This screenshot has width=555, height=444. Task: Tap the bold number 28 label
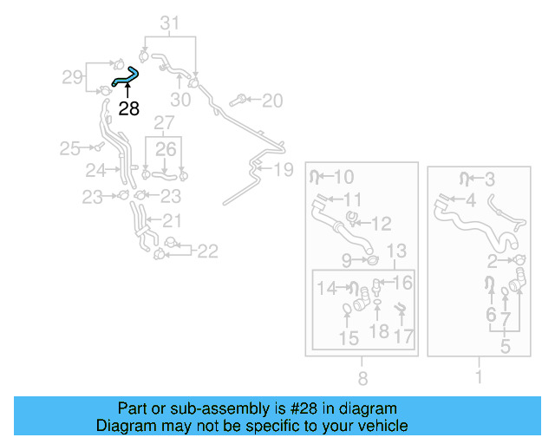(128, 108)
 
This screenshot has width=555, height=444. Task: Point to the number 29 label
(72, 77)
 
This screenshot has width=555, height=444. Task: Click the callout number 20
(271, 101)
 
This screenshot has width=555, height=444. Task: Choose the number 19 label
(284, 169)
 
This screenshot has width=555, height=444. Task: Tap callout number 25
(69, 148)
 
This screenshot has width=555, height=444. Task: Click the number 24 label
(95, 169)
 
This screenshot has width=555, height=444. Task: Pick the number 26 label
(166, 149)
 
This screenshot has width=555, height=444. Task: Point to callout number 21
(172, 220)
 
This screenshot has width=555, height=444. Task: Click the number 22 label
(207, 251)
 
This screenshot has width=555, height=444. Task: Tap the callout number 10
(343, 178)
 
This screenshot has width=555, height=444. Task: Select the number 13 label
(395, 251)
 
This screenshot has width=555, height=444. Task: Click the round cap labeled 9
(372, 260)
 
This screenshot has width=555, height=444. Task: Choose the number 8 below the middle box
(362, 378)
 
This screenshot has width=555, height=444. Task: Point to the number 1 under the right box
(478, 378)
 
